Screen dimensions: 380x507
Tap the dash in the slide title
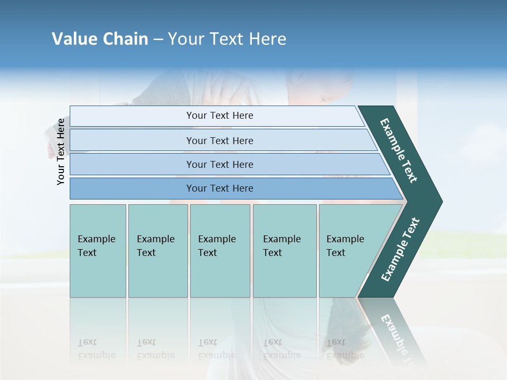158,40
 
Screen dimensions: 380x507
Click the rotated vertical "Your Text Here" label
61,151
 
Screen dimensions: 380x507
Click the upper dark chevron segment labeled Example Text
399,151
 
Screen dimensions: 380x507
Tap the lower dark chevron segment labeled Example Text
400,250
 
